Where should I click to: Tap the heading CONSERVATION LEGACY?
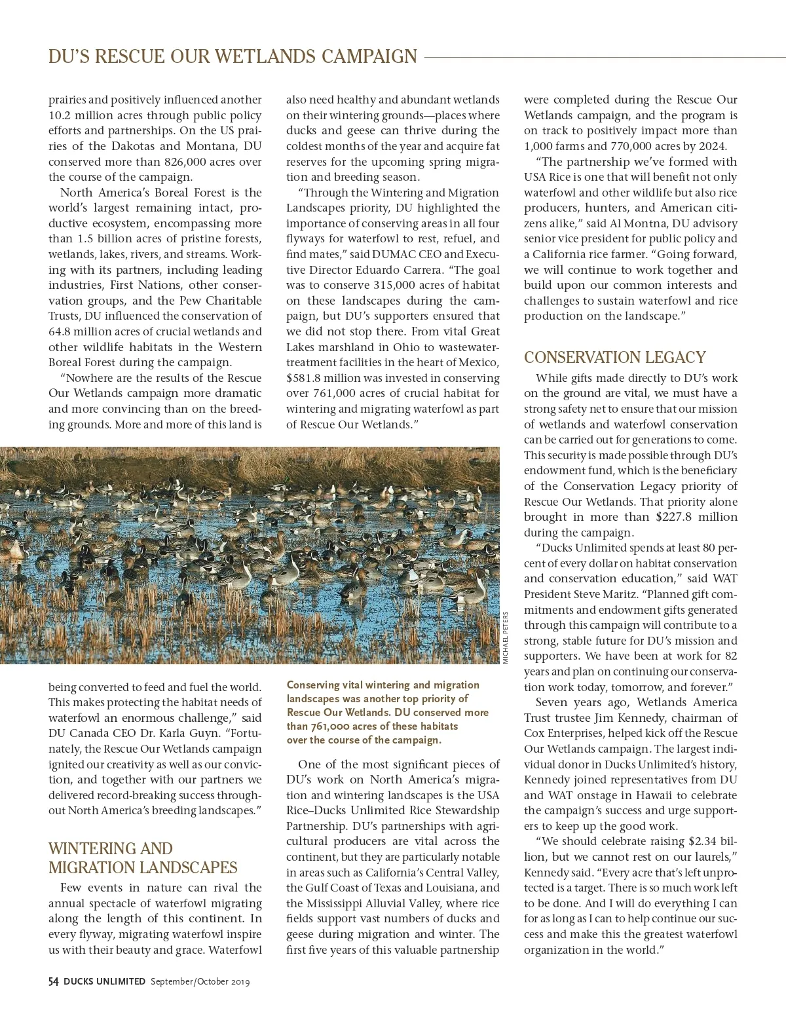click(614, 358)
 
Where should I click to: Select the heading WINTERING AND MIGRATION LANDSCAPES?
click(143, 858)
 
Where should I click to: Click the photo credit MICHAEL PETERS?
click(506, 637)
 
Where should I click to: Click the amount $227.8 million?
click(696, 517)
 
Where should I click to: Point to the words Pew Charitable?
click(210, 301)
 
